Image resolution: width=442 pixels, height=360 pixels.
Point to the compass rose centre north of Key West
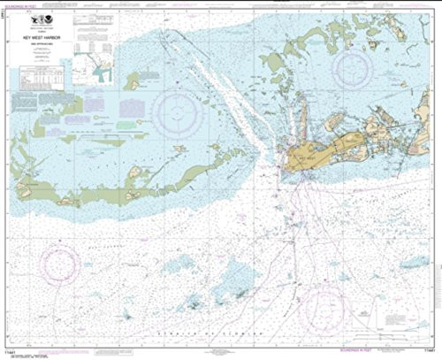tap(352, 71)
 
